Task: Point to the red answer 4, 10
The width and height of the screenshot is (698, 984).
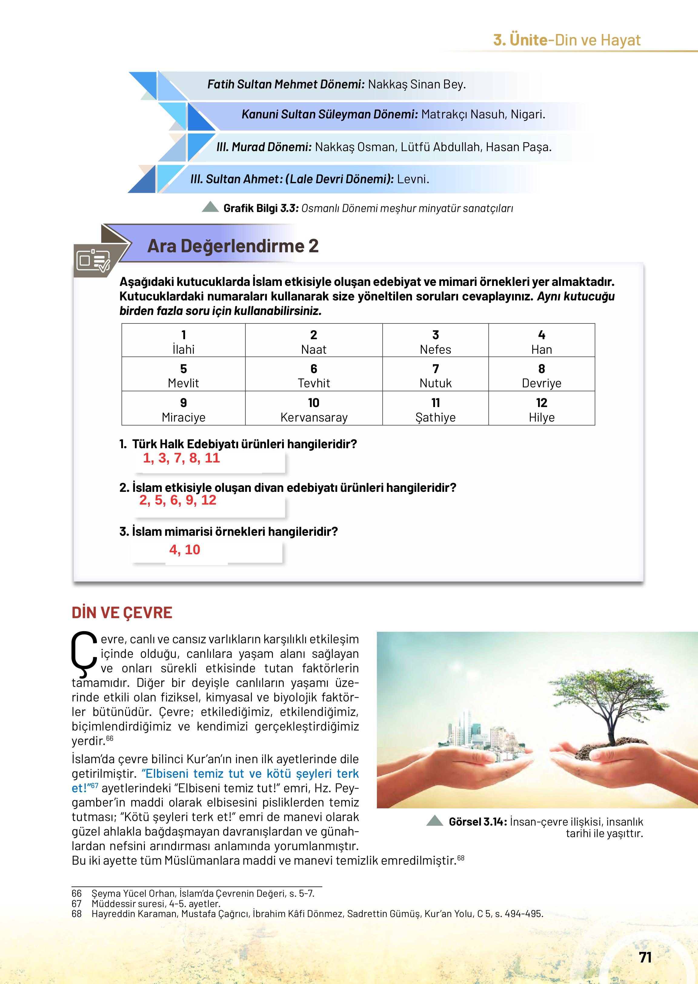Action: (185, 550)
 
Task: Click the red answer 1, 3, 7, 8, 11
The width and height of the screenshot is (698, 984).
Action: (181, 458)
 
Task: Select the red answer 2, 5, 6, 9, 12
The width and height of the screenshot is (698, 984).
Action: (178, 500)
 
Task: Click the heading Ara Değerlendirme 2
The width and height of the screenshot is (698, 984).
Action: (233, 246)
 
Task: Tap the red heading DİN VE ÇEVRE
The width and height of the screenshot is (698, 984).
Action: (122, 613)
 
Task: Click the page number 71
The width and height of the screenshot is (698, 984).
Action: (645, 957)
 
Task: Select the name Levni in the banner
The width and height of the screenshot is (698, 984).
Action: (413, 179)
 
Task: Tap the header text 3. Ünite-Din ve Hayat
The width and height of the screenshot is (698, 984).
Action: (567, 40)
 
